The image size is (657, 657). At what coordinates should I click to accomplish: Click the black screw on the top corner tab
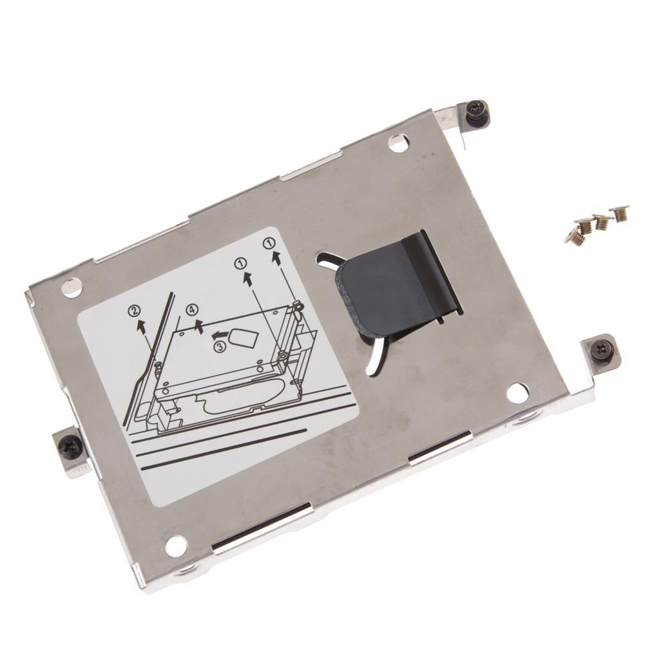[478, 114]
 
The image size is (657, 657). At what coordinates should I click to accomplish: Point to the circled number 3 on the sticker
[219, 346]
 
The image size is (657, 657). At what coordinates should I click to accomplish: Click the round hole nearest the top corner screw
[398, 143]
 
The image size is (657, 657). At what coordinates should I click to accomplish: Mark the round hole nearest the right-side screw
[517, 393]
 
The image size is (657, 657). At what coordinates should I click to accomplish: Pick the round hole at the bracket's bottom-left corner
[175, 546]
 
